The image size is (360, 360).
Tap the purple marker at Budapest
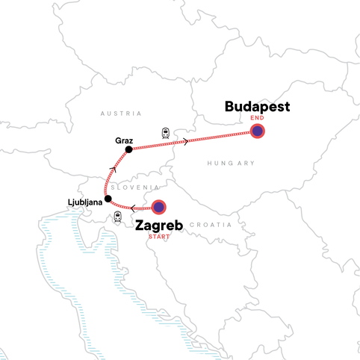[258, 131]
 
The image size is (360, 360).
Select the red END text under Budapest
[257, 118]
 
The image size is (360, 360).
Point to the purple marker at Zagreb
[158, 208]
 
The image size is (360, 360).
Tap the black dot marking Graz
[129, 149]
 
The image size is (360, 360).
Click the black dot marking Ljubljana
[108, 199]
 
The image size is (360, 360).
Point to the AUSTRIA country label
[120, 114]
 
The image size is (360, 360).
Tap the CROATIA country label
[211, 224]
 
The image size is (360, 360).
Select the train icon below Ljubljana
[118, 217]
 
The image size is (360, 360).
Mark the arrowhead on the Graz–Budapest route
[185, 142]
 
